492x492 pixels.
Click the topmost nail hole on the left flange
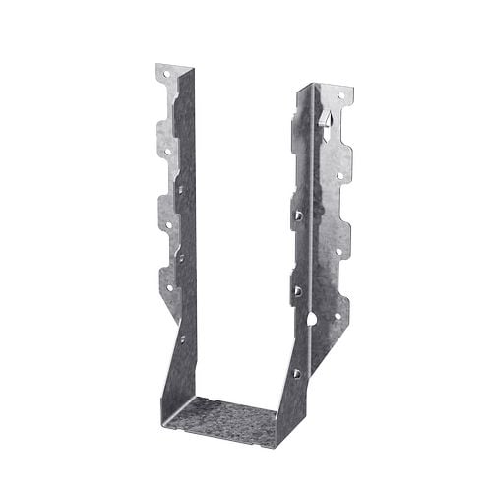[164, 75]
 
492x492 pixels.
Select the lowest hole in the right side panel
[295, 373]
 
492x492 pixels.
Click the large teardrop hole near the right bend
[312, 321]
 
